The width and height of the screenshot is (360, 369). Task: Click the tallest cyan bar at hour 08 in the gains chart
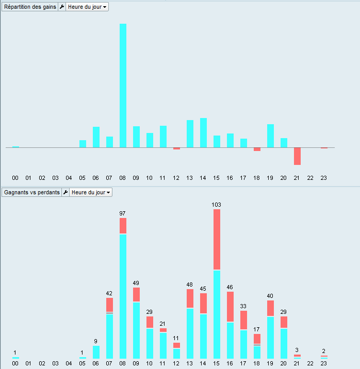click(x=123, y=86)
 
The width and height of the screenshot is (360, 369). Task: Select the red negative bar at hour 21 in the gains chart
click(x=297, y=156)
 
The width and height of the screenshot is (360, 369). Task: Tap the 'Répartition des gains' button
click(x=29, y=7)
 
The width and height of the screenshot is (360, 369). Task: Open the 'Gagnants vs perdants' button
click(x=31, y=192)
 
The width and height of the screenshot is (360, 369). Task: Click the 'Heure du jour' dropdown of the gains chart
click(x=87, y=7)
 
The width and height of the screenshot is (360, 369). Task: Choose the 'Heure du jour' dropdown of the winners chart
click(x=91, y=192)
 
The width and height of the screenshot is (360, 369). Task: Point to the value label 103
click(x=217, y=205)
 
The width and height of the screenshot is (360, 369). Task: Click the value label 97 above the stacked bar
click(x=123, y=213)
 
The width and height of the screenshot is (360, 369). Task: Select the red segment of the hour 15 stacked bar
click(x=217, y=239)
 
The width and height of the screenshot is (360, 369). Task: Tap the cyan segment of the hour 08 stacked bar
click(x=123, y=296)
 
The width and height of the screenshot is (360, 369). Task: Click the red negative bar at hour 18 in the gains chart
click(x=257, y=149)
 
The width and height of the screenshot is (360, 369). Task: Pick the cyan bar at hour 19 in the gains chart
click(x=270, y=136)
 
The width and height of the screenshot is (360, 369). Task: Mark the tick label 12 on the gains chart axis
click(x=176, y=178)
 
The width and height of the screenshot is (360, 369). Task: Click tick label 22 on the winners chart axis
click(x=310, y=363)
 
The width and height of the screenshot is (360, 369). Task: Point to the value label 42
click(x=109, y=293)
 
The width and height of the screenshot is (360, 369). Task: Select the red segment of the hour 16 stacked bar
click(x=230, y=307)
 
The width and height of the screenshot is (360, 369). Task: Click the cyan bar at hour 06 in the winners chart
click(x=96, y=352)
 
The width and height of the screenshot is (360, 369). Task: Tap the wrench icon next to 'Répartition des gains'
click(x=62, y=7)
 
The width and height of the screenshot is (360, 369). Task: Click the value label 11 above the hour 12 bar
click(x=176, y=338)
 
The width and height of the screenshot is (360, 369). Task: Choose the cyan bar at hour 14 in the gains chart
click(x=203, y=133)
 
